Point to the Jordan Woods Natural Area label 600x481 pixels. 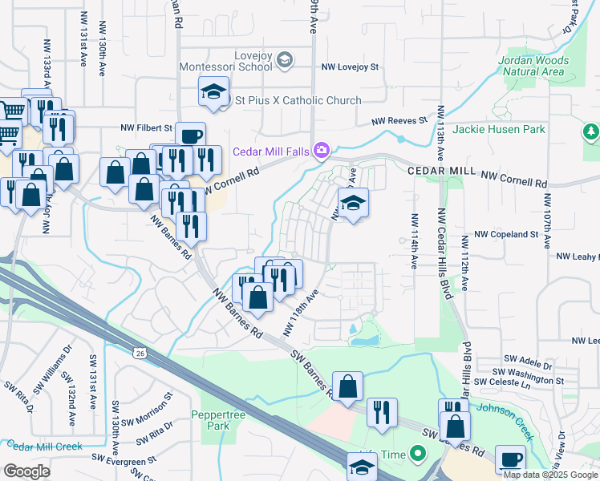coord(531,66)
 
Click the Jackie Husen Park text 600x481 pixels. coord(498,129)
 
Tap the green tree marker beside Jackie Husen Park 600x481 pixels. coord(591,130)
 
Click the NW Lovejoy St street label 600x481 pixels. coord(349,69)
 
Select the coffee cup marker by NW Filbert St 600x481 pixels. coord(190,137)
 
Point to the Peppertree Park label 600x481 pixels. coord(212,420)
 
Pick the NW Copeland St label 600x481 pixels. coord(505,234)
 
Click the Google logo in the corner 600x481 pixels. coord(26,471)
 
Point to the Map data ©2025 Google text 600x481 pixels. coord(550,474)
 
